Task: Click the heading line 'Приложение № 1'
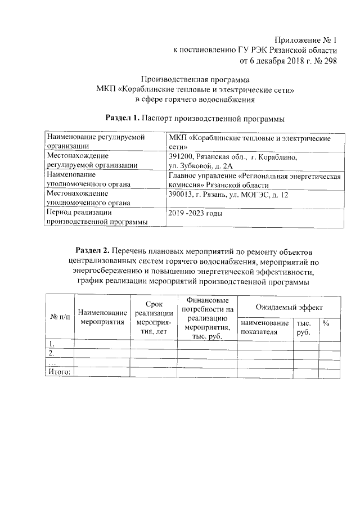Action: [305, 40]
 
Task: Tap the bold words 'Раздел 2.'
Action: [93, 250]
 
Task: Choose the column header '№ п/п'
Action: [60, 317]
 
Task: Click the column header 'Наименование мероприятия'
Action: [102, 317]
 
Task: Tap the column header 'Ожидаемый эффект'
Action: [289, 308]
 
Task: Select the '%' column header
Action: [326, 323]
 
